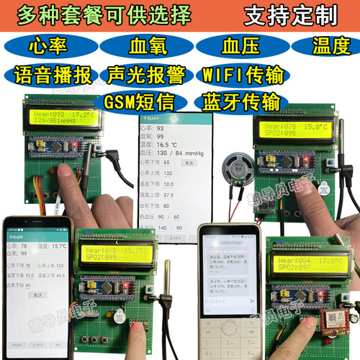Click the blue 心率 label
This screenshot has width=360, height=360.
pyautogui.click(x=45, y=48)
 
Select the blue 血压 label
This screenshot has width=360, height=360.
pyautogui.click(x=238, y=48)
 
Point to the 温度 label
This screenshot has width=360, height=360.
pyautogui.click(x=330, y=48)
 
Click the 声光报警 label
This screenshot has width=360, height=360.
pyautogui.click(x=143, y=74)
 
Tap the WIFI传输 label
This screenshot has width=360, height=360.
pyautogui.click(x=242, y=74)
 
